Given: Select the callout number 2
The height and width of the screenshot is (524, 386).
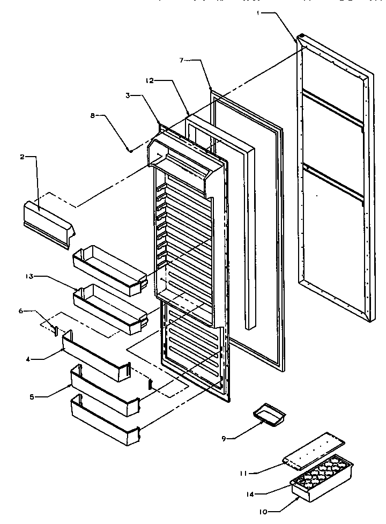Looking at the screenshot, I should click(x=22, y=157).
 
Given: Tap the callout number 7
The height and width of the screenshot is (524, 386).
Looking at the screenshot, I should click(x=182, y=61).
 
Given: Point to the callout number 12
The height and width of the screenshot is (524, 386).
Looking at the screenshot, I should click(x=149, y=80).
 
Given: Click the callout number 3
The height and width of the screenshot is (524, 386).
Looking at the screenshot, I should click(x=128, y=95).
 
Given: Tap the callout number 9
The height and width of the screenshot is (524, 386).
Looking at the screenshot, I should click(x=225, y=438).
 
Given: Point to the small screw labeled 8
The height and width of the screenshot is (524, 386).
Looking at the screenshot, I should click(x=130, y=151).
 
